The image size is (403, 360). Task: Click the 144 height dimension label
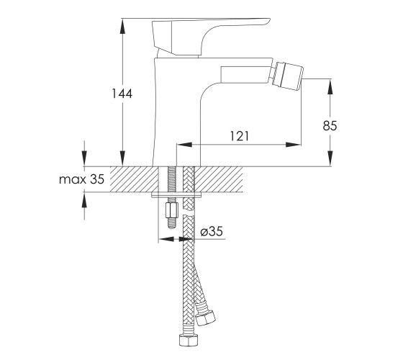pos(122,94)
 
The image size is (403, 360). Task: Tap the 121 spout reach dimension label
pos(239,136)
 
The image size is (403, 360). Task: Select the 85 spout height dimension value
pos(330,126)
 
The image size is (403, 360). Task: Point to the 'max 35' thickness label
pos(82,179)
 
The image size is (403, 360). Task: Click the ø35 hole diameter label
pos(212,231)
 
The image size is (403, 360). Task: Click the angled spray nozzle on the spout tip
pos(287,74)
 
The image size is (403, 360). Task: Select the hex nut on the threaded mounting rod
pos(172,210)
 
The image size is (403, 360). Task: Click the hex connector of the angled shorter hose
pos(205,318)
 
